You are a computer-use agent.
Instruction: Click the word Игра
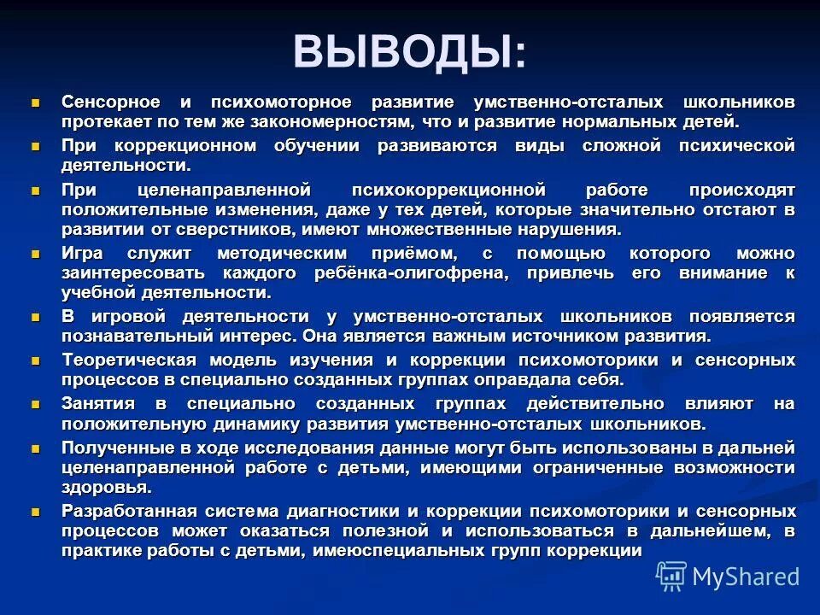pyautogui.click(x=82, y=254)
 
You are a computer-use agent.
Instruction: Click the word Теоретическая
pyautogui.click(x=128, y=360)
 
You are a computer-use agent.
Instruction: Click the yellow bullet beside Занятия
pyautogui.click(x=36, y=403)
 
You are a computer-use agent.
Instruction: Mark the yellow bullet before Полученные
pyautogui.click(x=36, y=448)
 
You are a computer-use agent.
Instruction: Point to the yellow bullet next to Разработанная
pyautogui.click(x=36, y=511)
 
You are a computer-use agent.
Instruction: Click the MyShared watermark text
pyautogui.click(x=746, y=577)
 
